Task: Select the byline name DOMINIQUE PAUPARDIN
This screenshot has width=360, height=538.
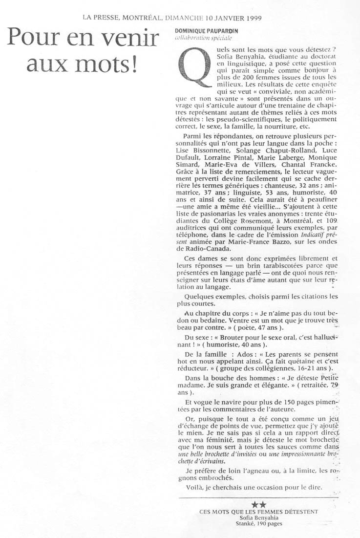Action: pos(202,31)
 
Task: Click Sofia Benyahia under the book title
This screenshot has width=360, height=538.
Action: pos(258,517)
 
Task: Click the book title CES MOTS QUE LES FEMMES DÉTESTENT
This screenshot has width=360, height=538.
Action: pos(259,511)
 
